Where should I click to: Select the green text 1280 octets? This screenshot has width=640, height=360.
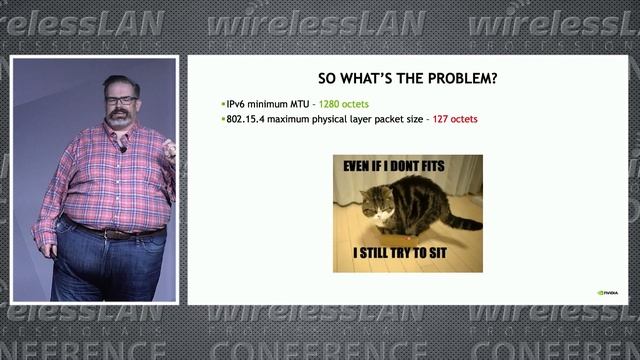(346, 104)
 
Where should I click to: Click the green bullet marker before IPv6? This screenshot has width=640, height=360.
(223, 104)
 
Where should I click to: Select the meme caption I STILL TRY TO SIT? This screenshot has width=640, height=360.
(408, 254)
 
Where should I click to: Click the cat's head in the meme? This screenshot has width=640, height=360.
(376, 204)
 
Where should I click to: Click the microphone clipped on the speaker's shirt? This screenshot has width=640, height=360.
(122, 147)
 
